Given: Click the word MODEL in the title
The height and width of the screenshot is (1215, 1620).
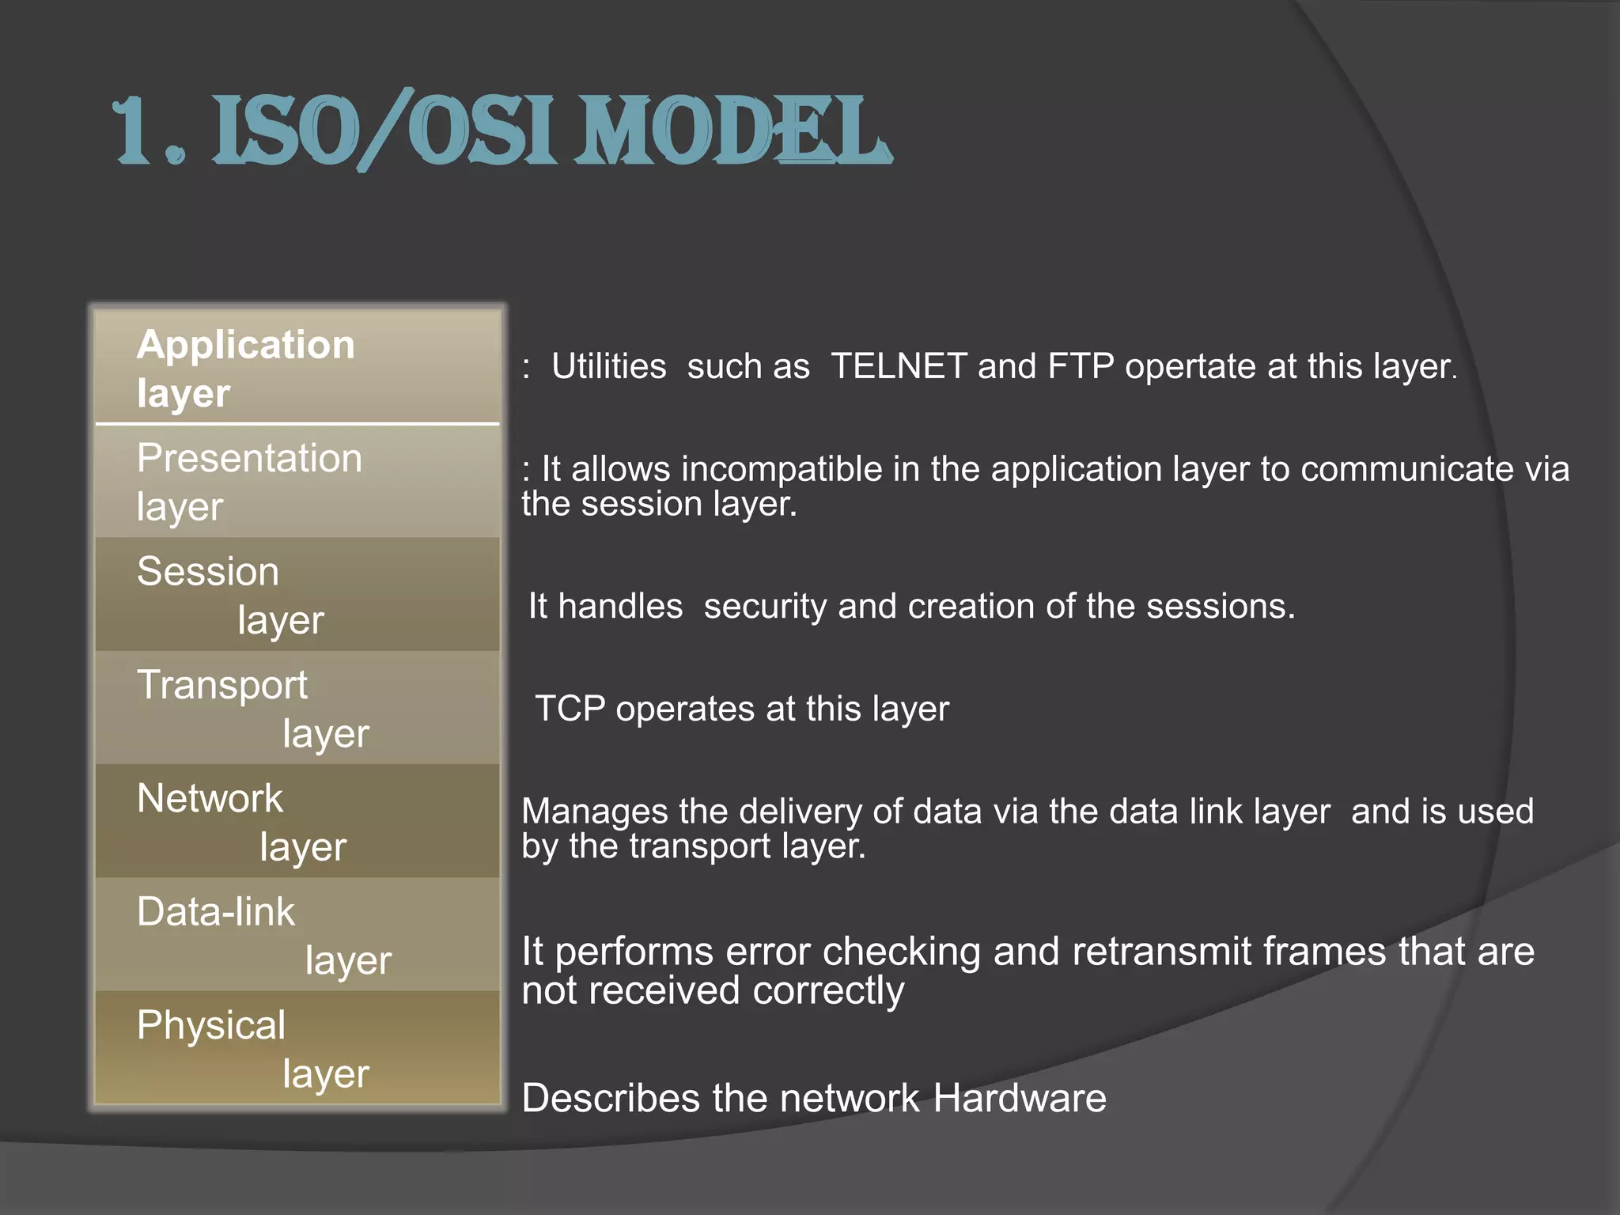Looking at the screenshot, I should tap(732, 131).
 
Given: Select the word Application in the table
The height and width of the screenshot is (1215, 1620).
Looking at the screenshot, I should tap(245, 345).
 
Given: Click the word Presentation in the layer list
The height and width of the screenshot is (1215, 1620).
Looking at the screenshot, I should tap(249, 459).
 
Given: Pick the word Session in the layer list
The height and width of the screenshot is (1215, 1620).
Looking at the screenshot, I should tap(208, 572).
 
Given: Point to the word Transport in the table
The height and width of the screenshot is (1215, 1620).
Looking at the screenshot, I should tap(222, 685).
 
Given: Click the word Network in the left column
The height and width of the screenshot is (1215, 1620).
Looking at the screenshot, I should tap(210, 798).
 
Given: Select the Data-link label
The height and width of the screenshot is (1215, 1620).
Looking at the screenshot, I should tap(215, 911).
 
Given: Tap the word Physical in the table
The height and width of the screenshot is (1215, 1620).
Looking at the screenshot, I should tap(210, 1025).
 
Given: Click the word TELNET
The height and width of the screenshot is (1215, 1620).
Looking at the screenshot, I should tap(899, 366).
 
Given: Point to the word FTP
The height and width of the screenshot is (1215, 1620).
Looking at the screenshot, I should tap(1081, 366).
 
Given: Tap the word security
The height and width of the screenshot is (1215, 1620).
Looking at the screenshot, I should tap(765, 607).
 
